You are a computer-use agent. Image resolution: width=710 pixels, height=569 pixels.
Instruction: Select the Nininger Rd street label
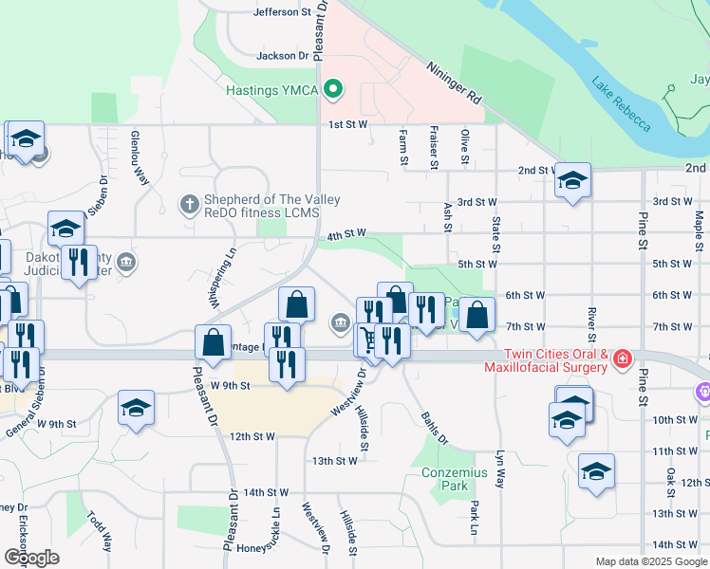[455, 83]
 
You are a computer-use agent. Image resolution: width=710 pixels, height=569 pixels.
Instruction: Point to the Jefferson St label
[283, 12]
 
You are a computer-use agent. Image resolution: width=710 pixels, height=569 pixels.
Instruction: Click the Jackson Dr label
[283, 56]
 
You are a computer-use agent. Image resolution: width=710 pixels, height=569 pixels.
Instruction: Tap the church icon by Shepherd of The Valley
[189, 203]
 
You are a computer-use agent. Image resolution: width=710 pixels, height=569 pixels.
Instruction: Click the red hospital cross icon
[622, 359]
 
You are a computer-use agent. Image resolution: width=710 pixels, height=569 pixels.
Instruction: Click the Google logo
[31, 557]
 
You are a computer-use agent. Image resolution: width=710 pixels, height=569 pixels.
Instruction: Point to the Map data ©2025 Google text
[650, 561]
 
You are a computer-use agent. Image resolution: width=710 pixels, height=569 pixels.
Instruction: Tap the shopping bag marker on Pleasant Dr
[214, 342]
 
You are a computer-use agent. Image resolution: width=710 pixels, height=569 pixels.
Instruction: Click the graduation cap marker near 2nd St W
[572, 180]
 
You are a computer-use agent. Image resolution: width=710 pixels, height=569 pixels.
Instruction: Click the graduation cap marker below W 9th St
[137, 409]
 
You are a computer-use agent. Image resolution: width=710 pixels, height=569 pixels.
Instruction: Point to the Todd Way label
[100, 532]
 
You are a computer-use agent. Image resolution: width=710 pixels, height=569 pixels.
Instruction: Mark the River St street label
[590, 323]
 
